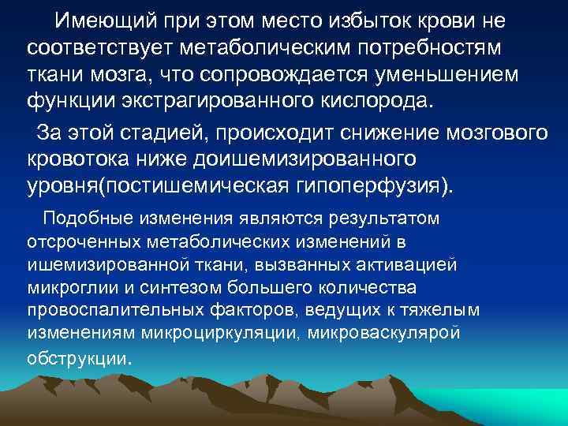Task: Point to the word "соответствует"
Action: [x=101, y=48]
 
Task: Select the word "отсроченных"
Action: [x=83, y=241]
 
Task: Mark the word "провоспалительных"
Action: [x=102, y=308]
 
